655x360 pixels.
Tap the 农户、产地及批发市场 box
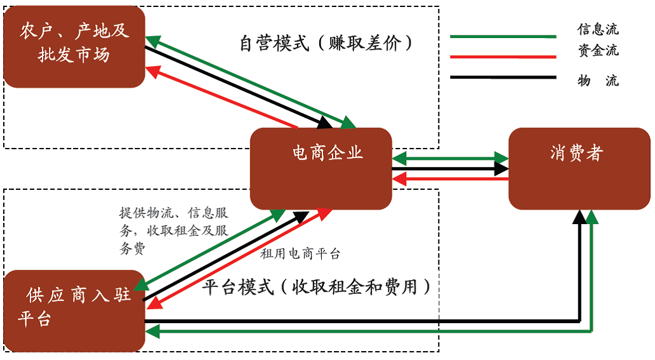tap(74, 46)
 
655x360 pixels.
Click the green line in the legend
tap(503, 37)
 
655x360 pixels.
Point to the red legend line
tap(503, 57)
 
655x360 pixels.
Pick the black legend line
tap(503, 78)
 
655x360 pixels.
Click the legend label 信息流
tap(597, 29)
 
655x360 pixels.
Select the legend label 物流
tap(597, 81)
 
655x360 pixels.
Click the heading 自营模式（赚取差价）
tap(326, 44)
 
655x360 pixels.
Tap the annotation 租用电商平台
tap(300, 254)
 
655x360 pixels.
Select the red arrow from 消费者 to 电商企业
tap(451, 179)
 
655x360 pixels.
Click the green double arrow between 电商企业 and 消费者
tap(451, 157)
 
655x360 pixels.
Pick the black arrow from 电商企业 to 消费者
tap(451, 169)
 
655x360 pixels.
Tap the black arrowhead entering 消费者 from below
tap(579, 218)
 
